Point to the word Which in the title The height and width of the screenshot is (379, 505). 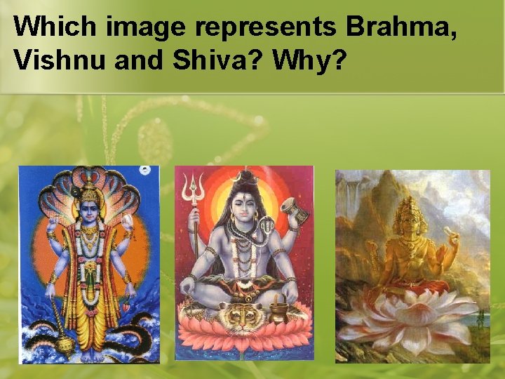click(x=55, y=27)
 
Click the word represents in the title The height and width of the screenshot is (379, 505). click(x=267, y=27)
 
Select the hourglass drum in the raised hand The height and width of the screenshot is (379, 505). click(x=289, y=207)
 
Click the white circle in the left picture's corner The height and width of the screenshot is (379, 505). click(x=146, y=171)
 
